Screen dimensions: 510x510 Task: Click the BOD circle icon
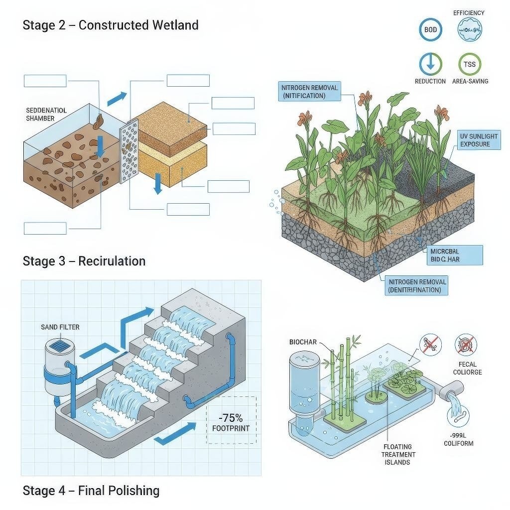click(x=430, y=30)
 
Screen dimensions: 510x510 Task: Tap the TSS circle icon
click(x=469, y=65)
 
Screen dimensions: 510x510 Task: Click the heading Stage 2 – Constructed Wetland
click(x=111, y=25)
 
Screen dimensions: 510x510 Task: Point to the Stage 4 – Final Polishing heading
click(x=91, y=491)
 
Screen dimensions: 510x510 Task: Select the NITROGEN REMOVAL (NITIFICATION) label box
click(x=309, y=92)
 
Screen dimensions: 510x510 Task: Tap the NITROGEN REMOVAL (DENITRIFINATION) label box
click(x=417, y=286)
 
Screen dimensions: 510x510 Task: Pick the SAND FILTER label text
click(x=60, y=327)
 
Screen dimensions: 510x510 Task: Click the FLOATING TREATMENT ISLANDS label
click(x=398, y=454)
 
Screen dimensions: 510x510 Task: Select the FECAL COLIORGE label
click(x=467, y=369)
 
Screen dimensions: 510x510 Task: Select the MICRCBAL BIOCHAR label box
click(x=454, y=255)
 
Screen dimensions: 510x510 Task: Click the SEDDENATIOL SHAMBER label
click(x=46, y=114)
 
